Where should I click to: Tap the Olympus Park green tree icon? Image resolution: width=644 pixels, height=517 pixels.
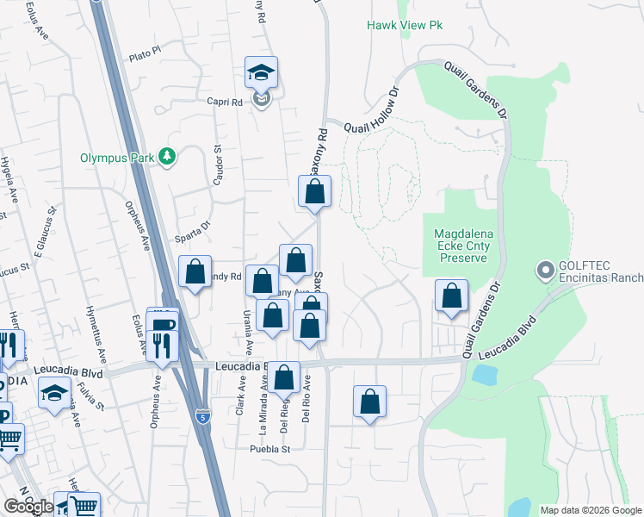point(168,157)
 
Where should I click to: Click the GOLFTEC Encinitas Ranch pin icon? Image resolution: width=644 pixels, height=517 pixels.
point(544,271)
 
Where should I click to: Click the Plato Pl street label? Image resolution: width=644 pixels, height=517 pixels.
point(144,54)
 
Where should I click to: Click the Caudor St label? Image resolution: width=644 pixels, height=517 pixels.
point(218,164)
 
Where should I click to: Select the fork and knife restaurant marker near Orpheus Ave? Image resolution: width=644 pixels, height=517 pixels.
point(162,345)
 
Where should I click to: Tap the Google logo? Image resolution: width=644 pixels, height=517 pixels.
point(28,506)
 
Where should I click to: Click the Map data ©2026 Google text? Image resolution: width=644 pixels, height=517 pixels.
point(590,510)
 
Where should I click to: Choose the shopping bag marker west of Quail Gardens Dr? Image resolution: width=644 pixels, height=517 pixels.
point(451,296)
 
